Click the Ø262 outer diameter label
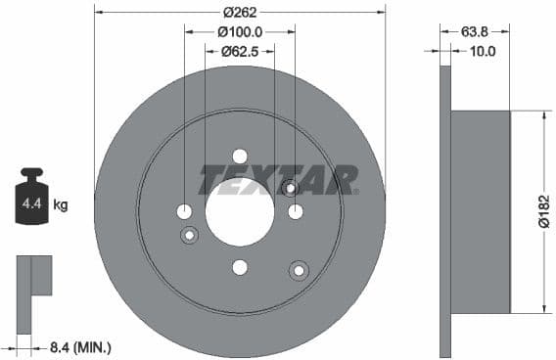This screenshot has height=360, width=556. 240,13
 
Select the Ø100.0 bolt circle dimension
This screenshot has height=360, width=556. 239,32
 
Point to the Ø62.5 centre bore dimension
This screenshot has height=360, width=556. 239,51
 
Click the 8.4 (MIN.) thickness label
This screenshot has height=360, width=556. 79,345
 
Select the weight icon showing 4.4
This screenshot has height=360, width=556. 31,200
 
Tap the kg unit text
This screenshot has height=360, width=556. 61,205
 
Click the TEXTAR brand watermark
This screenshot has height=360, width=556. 279,180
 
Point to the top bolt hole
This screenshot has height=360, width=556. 240,157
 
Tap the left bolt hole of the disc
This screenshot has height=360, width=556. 184,212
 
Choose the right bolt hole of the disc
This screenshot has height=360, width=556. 296,212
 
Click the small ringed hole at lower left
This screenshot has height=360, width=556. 190,234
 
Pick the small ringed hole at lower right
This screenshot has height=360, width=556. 298,269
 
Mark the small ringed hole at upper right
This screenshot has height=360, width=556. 290,188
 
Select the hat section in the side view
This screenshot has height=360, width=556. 480,212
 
